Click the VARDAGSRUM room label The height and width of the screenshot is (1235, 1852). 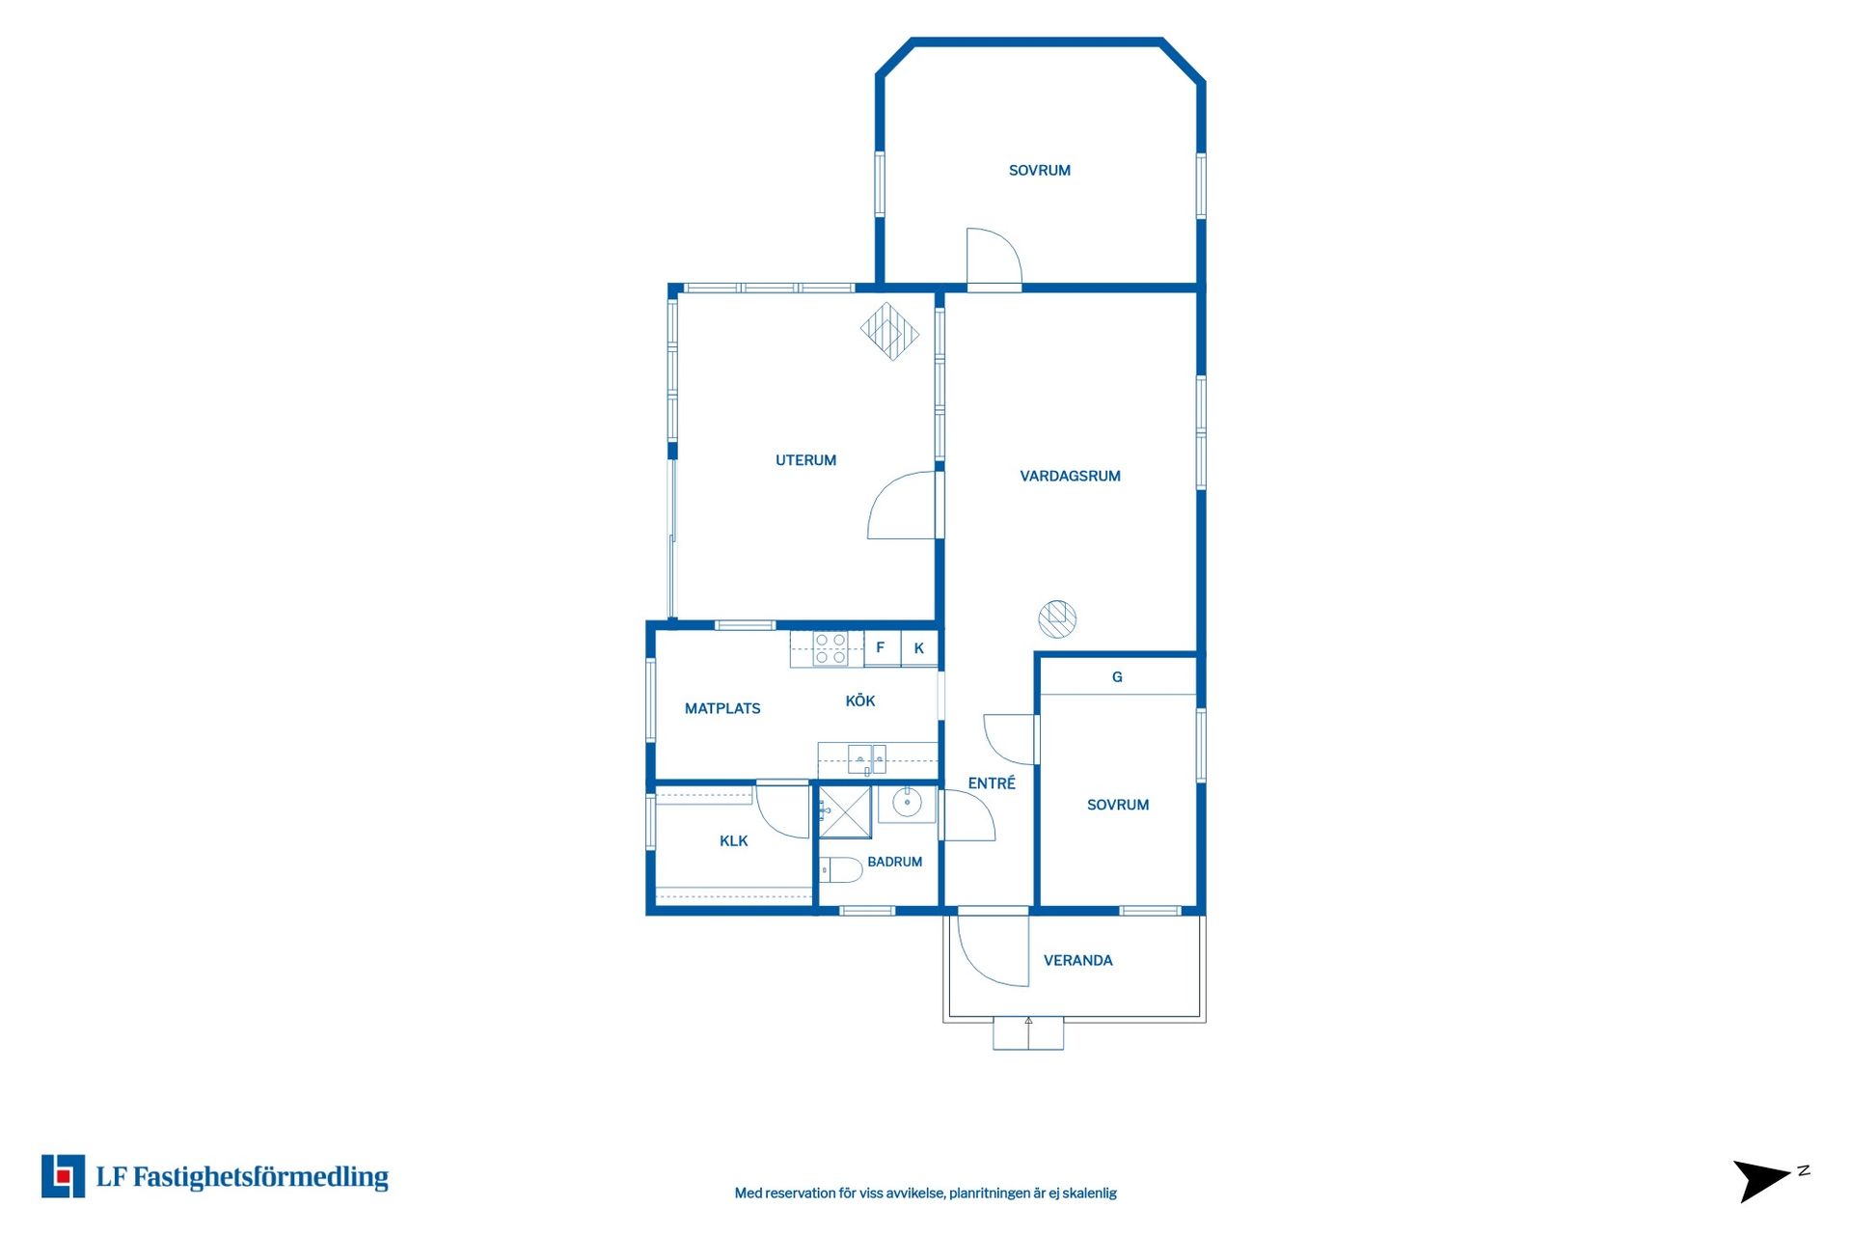[x=1070, y=476]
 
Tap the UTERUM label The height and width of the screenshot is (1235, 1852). [x=805, y=460]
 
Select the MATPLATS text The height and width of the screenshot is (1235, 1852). [x=722, y=708]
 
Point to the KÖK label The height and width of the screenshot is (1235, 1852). [x=860, y=700]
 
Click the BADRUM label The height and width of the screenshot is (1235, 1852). [x=894, y=862]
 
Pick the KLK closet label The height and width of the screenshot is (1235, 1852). [x=733, y=841]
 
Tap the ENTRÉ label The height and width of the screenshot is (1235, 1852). [x=992, y=782]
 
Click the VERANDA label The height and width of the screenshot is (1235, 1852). [x=1077, y=960]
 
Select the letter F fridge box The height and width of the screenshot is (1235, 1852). [x=882, y=648]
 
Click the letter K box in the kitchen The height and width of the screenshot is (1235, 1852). [x=919, y=648]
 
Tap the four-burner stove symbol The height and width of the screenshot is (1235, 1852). [x=831, y=648]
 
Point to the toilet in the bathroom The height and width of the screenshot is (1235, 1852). [x=840, y=870]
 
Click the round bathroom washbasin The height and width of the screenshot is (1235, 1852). [x=907, y=802]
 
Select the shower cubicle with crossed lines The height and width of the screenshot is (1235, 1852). [x=845, y=811]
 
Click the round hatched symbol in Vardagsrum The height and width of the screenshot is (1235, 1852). [x=1057, y=618]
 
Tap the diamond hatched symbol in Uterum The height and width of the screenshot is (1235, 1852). [x=889, y=331]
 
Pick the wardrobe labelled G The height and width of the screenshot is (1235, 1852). [x=1117, y=676]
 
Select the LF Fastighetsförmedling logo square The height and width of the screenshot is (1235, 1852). [x=63, y=1176]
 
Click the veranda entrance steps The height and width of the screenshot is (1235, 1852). [x=1028, y=1033]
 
